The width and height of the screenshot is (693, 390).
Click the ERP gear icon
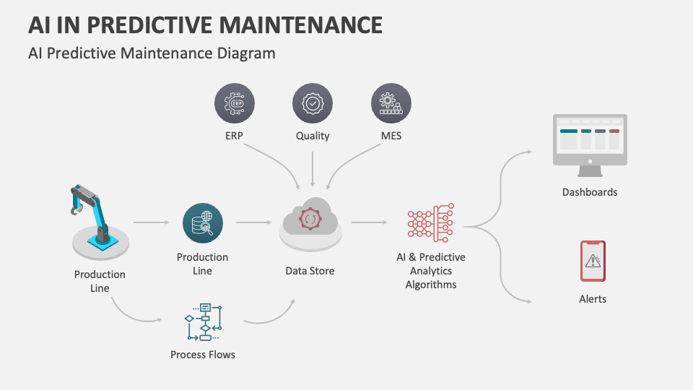(x=235, y=104)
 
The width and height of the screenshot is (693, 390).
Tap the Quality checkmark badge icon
(x=313, y=104)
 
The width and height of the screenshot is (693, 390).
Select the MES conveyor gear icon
(x=391, y=104)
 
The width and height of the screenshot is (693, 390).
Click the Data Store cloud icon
(x=310, y=222)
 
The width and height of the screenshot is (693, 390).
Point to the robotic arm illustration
(x=99, y=221)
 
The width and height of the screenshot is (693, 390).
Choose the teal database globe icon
(x=203, y=224)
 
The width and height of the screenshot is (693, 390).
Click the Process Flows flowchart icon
(x=204, y=321)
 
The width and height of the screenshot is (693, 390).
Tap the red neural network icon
(x=430, y=223)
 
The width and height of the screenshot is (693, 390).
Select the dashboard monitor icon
(x=590, y=144)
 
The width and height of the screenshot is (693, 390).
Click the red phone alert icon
(x=593, y=261)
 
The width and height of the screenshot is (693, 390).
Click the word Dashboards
(x=590, y=192)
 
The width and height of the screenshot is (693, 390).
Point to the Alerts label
(x=593, y=299)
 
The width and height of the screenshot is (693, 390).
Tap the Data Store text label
(x=310, y=271)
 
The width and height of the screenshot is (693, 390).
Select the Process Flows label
(x=203, y=355)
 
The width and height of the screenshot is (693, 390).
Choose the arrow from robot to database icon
(x=151, y=223)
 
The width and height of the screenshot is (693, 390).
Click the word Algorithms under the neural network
(x=431, y=285)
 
